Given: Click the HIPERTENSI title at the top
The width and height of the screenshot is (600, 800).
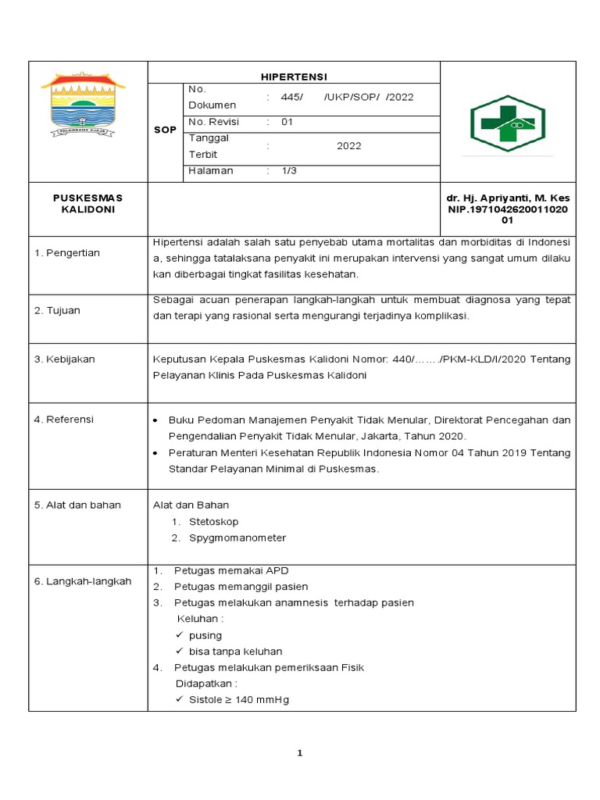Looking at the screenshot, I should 294,77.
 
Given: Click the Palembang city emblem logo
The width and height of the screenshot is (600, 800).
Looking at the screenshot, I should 83,105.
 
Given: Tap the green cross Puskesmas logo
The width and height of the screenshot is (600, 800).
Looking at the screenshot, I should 507,123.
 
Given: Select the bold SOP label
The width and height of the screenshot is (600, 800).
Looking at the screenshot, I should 165,130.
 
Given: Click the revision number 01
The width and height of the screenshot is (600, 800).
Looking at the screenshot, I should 287,122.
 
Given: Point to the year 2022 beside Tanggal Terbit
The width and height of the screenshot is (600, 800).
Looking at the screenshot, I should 348,146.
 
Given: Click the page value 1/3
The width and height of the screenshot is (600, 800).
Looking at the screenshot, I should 289,171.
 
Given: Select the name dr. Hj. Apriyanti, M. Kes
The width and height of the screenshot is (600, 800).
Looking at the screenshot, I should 508,198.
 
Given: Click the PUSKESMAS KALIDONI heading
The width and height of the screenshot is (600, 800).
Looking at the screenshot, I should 87,204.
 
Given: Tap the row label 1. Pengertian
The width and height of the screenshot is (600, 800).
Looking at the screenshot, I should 67,253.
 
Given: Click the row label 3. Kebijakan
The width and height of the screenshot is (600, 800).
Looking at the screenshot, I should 64,359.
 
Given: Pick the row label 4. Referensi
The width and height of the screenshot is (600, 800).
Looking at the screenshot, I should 64,420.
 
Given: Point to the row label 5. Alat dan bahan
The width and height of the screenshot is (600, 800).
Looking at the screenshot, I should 77,505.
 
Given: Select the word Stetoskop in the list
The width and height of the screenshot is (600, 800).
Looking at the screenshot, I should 213,521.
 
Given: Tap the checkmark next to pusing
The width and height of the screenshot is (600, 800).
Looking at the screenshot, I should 180,635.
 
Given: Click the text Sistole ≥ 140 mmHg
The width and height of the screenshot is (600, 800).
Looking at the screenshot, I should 238,699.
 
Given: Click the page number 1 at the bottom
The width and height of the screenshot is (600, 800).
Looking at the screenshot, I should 299,753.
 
